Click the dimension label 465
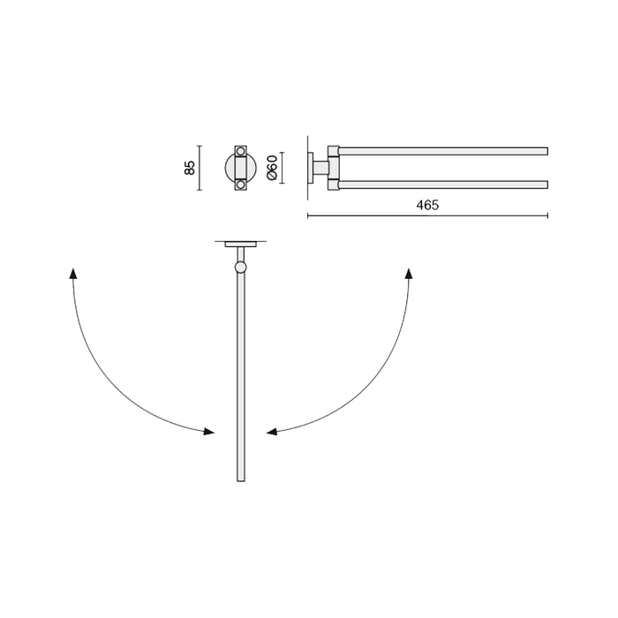click(x=427, y=205)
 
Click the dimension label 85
click(x=190, y=168)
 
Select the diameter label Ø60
click(x=272, y=168)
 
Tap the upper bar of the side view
click(x=443, y=151)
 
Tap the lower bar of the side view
click(x=443, y=185)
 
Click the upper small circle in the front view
click(x=240, y=151)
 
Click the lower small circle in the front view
click(x=240, y=185)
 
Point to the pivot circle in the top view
click(x=240, y=268)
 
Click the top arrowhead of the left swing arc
click(x=72, y=273)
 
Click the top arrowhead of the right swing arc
click(x=409, y=273)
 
